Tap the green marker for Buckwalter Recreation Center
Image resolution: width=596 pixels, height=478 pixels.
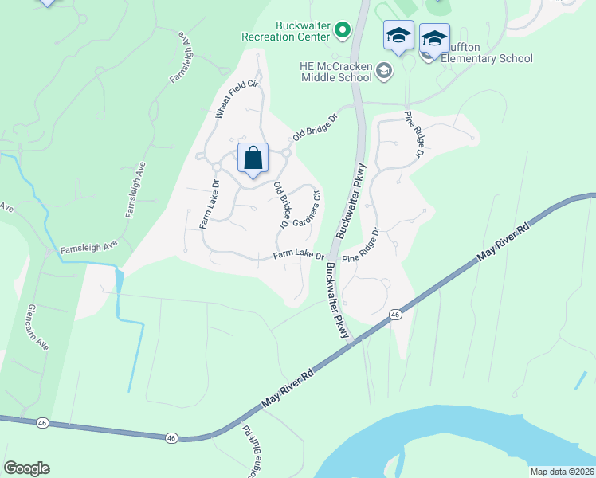343,31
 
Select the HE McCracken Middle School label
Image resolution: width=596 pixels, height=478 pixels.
336,71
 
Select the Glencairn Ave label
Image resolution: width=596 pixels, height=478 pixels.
40,327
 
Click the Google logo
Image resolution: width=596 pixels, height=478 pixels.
26,468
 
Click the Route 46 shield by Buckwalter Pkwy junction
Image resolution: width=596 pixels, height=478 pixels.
395,315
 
